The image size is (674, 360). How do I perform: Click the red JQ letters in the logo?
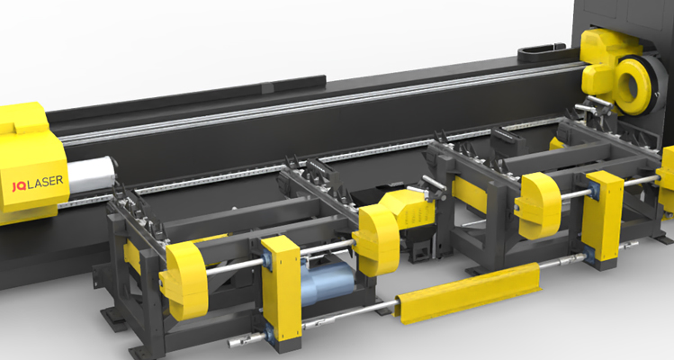click(19, 185)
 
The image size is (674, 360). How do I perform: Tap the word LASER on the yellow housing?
click(45, 183)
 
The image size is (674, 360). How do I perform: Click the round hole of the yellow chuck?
click(630, 85)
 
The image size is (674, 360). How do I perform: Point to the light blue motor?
click(328, 283)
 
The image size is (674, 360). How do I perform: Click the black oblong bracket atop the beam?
click(541, 53)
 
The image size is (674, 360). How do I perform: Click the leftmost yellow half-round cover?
click(184, 280)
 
